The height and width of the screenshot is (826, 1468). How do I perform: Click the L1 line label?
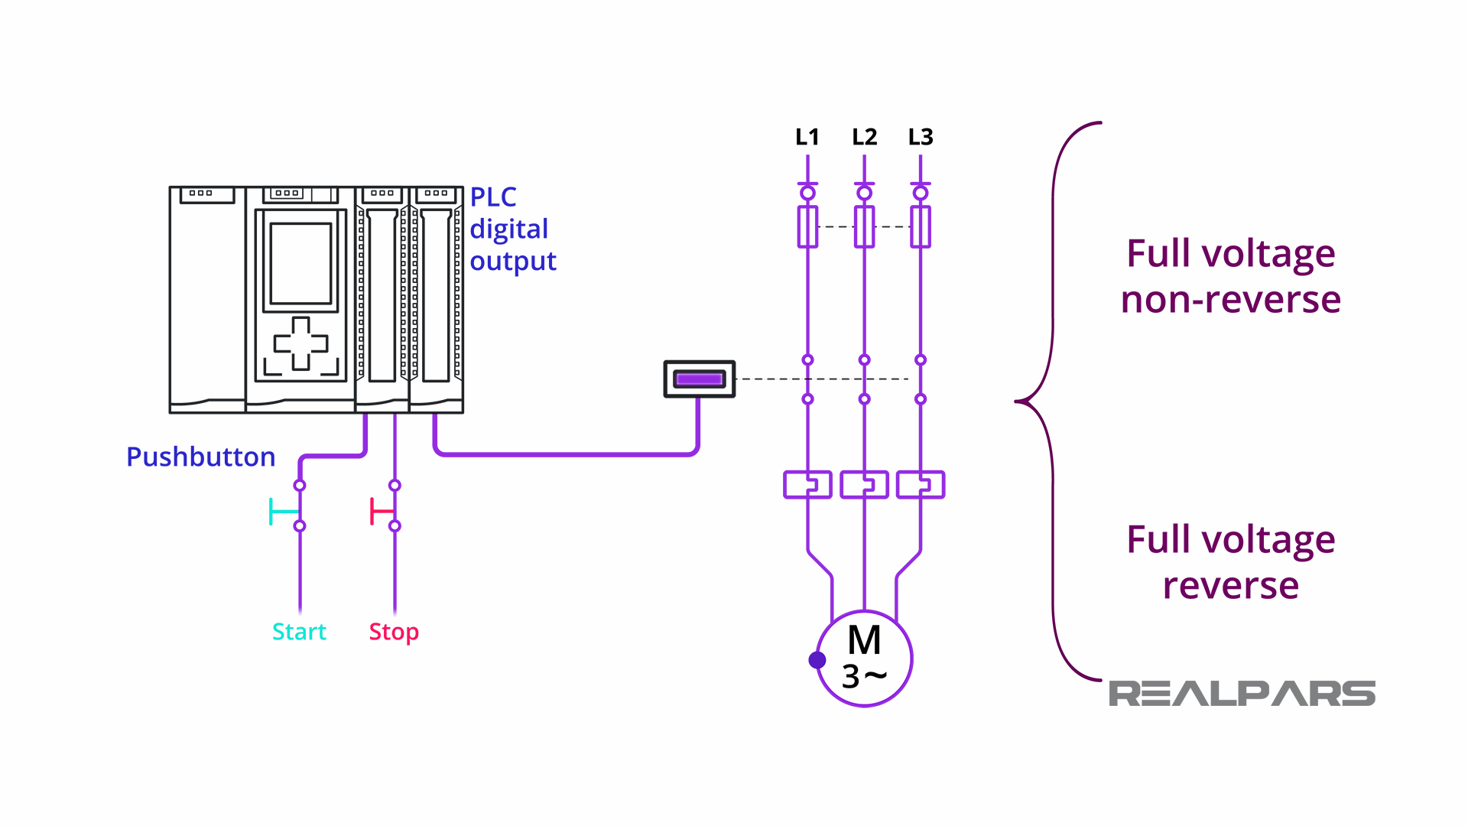click(807, 137)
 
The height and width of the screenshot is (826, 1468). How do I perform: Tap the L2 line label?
click(864, 137)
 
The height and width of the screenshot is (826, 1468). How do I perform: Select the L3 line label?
click(921, 137)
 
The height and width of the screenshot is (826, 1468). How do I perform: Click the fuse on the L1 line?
click(807, 226)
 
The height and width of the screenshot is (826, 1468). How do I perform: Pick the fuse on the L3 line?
click(921, 226)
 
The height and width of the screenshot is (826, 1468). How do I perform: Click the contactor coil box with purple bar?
click(699, 379)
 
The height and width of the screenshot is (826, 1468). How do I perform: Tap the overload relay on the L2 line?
click(864, 484)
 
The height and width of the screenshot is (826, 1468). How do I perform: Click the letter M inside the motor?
click(864, 640)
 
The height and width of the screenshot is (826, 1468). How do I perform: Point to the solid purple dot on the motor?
click(817, 659)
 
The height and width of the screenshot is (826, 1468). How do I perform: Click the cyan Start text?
click(299, 632)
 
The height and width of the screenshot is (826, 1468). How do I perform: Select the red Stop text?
click(394, 632)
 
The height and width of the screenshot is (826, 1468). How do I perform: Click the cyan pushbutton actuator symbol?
click(281, 512)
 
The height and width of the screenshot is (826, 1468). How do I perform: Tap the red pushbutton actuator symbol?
click(380, 511)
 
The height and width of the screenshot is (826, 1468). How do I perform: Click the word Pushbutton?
click(200, 457)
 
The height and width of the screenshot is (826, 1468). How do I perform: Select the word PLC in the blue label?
click(492, 197)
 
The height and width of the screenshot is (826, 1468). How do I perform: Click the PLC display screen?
click(300, 264)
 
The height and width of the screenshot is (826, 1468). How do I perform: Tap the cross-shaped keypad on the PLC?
click(300, 343)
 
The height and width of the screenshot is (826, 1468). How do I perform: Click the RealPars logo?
click(1242, 694)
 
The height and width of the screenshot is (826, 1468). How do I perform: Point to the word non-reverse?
click(1230, 299)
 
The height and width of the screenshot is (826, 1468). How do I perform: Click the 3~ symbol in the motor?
click(864, 677)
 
